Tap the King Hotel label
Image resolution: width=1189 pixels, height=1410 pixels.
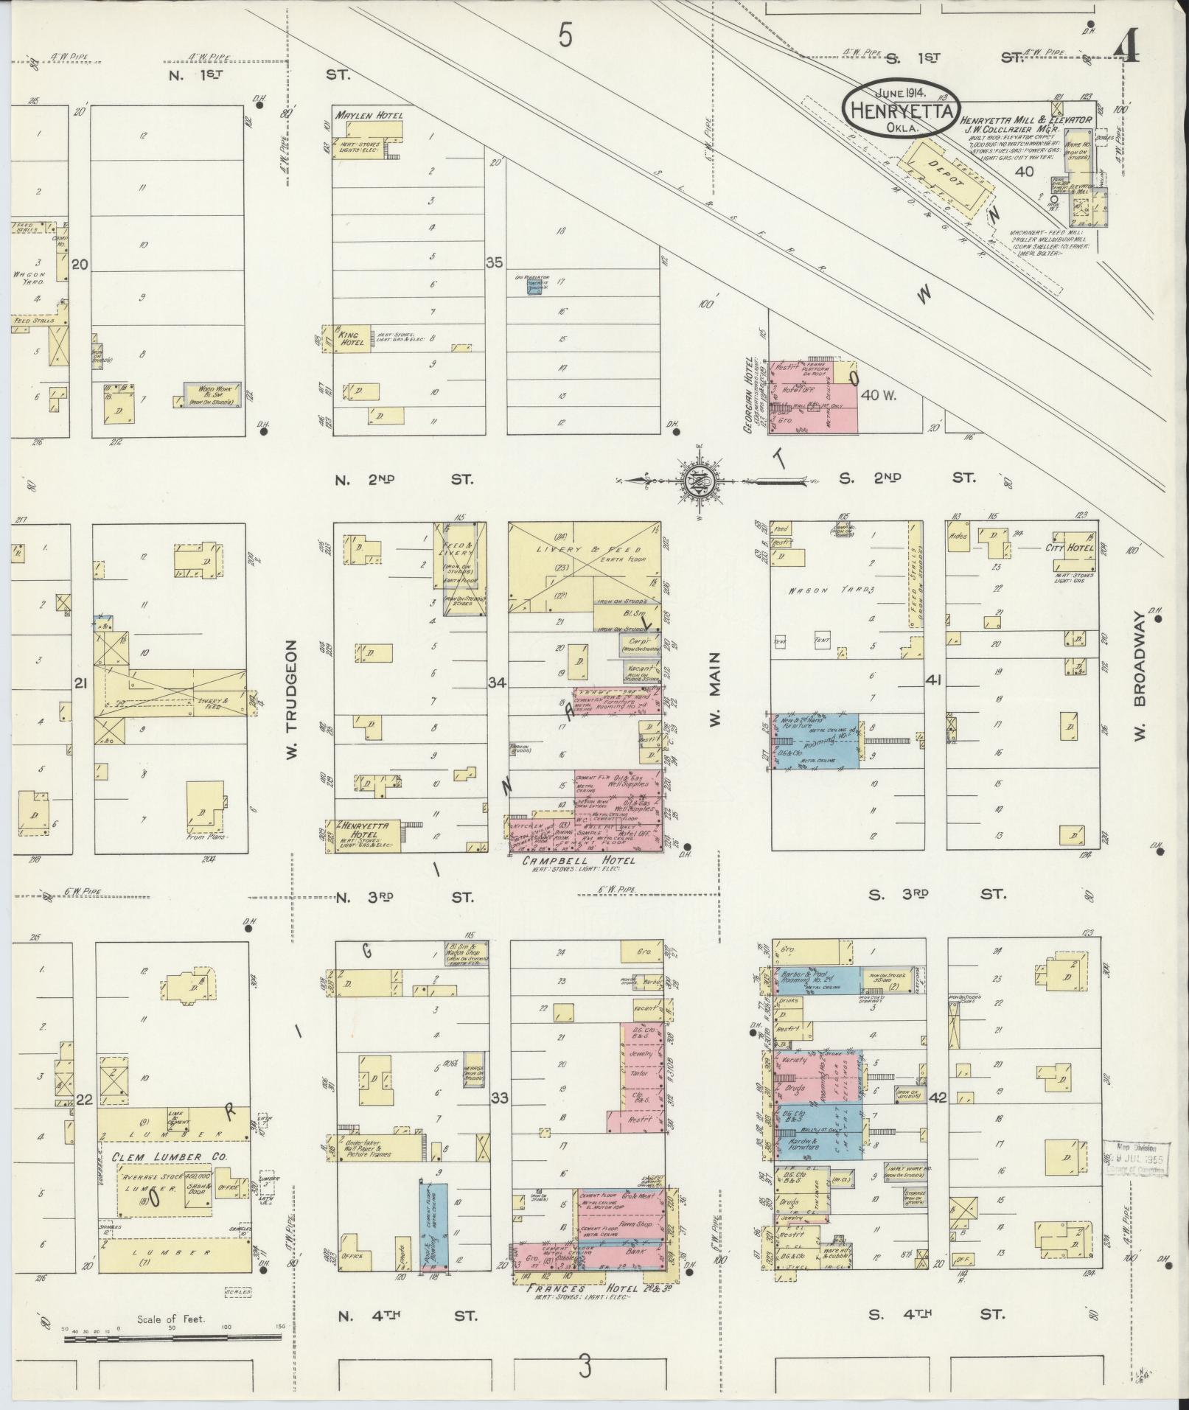click(348, 338)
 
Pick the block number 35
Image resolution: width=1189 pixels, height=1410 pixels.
click(494, 262)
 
